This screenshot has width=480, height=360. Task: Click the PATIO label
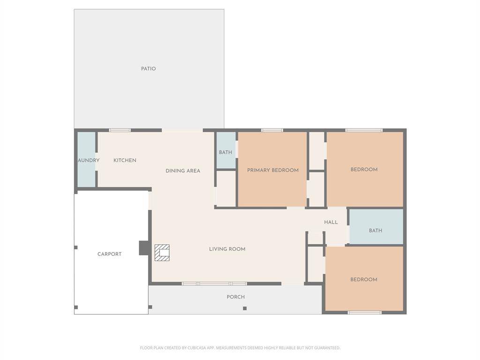pyautogui.click(x=148, y=69)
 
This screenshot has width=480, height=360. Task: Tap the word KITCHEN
pyautogui.click(x=125, y=160)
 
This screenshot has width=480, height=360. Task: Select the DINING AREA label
pyautogui.click(x=183, y=171)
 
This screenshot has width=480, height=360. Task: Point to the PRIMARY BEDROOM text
pyautogui.click(x=273, y=170)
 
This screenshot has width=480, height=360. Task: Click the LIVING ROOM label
pyautogui.click(x=227, y=249)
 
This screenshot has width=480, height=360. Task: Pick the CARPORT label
pyautogui.click(x=109, y=254)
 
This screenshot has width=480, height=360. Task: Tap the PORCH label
pyautogui.click(x=236, y=297)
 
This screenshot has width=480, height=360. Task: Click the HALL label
pyautogui.click(x=331, y=222)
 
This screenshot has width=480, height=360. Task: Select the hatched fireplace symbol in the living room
pyautogui.click(x=162, y=253)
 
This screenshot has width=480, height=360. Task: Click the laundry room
pyautogui.click(x=87, y=160)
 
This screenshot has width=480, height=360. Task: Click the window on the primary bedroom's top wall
pyautogui.click(x=272, y=130)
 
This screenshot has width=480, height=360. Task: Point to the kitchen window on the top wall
pyautogui.click(x=120, y=130)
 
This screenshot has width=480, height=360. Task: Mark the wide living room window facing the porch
pyautogui.click(x=214, y=284)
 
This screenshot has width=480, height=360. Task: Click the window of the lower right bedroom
pyautogui.click(x=365, y=312)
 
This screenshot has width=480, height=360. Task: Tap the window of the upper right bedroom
pyautogui.click(x=364, y=130)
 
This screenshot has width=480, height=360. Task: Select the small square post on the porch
pyautogui.click(x=245, y=308)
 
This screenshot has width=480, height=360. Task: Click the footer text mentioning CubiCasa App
pyautogui.click(x=240, y=348)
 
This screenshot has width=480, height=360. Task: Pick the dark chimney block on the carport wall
pyautogui.click(x=144, y=248)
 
